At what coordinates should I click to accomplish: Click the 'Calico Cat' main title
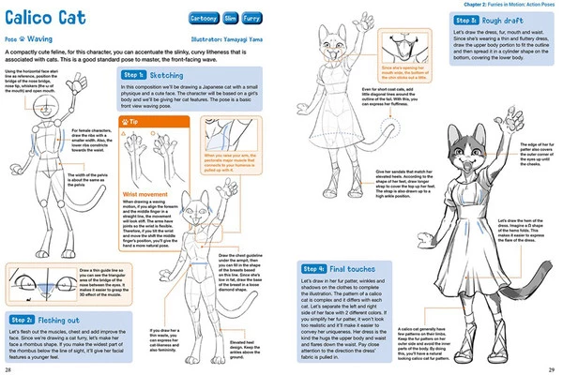50,20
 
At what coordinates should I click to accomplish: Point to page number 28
8,368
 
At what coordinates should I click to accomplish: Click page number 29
554,368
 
